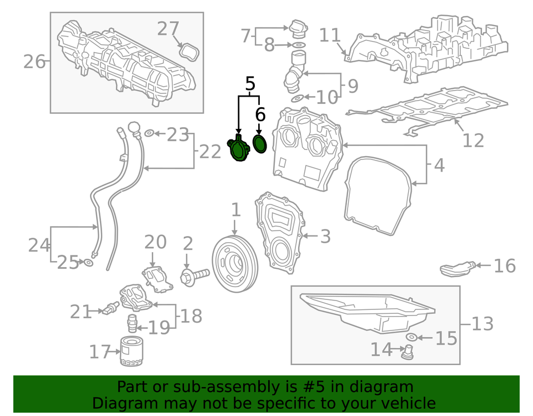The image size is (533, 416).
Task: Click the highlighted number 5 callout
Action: click(250, 84)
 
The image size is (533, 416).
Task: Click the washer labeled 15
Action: click(411, 337)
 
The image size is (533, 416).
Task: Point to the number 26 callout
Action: click(34, 61)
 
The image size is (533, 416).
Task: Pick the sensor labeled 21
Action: click(109, 309)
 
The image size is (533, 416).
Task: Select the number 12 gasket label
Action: click(473, 140)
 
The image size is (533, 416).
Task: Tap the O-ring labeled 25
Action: click(88, 261)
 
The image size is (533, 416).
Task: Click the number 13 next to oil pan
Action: click(482, 323)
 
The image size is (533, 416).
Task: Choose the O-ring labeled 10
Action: click(298, 98)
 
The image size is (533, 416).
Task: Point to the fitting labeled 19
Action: click(132, 322)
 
